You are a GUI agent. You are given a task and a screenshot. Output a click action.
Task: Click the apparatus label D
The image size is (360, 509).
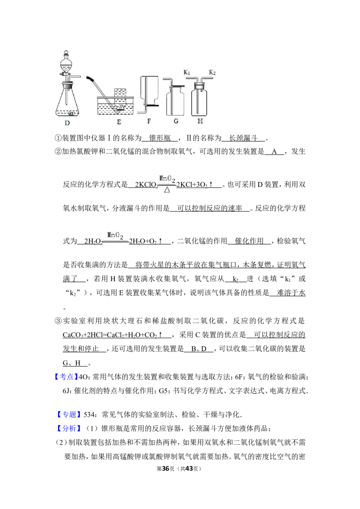pos(67,123)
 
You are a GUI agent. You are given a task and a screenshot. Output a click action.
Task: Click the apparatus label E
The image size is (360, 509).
pos(119,122)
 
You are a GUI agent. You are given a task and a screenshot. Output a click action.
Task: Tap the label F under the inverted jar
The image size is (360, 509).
pos(149,121)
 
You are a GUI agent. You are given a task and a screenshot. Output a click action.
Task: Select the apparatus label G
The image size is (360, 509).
pos(176,121)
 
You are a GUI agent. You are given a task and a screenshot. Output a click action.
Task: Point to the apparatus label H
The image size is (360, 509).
pos(200,121)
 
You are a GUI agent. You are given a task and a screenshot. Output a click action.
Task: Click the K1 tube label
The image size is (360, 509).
pos(187,72)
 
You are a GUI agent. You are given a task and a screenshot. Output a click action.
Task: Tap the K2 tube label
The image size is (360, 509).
pos(212,72)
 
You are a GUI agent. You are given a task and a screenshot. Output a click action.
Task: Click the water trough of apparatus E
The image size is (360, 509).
pos(116,106)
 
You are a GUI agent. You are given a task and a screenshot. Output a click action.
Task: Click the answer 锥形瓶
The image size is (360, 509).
pos(160,138)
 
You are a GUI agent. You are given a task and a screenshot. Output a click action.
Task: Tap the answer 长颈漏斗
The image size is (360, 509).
pos(243,138)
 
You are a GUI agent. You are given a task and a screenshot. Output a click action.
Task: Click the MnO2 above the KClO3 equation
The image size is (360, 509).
pos(167,179)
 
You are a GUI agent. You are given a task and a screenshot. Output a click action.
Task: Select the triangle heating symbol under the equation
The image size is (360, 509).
pos(167,190)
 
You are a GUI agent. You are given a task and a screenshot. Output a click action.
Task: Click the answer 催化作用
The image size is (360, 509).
pos(249,241)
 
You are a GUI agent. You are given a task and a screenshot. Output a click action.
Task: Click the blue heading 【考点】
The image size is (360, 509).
pos(66,377)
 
